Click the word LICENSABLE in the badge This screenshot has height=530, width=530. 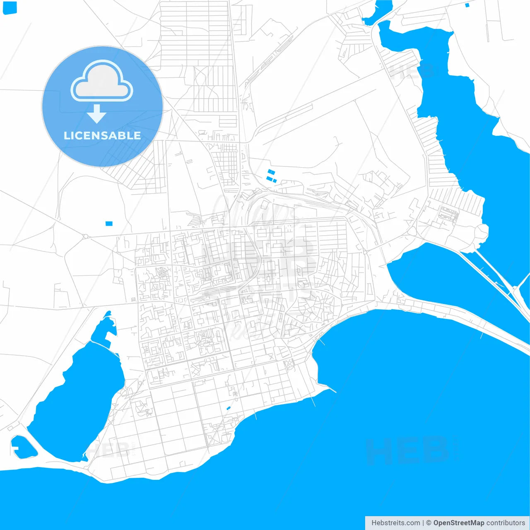[102, 135]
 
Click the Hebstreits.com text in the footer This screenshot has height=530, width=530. [395, 523]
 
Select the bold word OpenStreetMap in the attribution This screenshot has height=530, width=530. [458, 523]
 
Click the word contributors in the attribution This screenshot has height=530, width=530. [505, 523]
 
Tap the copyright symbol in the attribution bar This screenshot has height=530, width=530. [429, 523]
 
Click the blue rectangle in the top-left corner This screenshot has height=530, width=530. [10, 7]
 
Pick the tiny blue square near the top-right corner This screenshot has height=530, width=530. [467, 5]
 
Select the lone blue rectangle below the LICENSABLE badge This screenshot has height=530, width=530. [109, 224]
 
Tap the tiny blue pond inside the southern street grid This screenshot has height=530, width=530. [228, 409]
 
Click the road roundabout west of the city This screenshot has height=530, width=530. [85, 237]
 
